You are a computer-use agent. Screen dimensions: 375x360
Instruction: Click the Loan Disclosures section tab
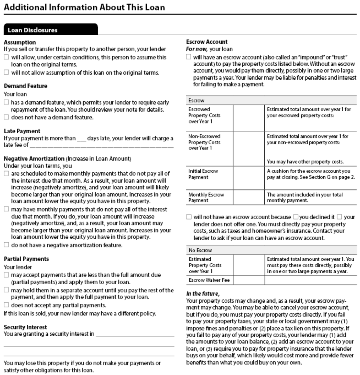(33, 30)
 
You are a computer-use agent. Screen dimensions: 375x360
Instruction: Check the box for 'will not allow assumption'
(6, 73)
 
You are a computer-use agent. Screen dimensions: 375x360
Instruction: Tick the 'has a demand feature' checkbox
(6, 103)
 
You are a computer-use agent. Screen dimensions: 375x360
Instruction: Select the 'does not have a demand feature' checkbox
(6, 118)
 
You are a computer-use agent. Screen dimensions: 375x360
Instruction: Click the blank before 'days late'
(81, 138)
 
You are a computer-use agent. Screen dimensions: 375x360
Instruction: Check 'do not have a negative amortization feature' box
(6, 245)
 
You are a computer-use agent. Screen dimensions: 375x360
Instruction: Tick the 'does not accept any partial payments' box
(6, 305)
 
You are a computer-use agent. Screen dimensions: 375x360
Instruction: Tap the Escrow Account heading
(207, 42)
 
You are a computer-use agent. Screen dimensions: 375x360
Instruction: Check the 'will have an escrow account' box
(189, 57)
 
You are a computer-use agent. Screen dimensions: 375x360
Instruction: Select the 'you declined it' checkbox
(295, 217)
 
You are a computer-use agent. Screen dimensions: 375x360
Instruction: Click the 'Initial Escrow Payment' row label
(203, 174)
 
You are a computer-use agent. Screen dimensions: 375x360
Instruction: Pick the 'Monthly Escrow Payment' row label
(206, 197)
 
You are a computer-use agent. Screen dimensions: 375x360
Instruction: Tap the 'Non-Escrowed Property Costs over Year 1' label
(204, 142)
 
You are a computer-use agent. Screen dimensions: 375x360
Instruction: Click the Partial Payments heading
(26, 259)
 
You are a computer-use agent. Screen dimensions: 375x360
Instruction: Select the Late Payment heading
(22, 131)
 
